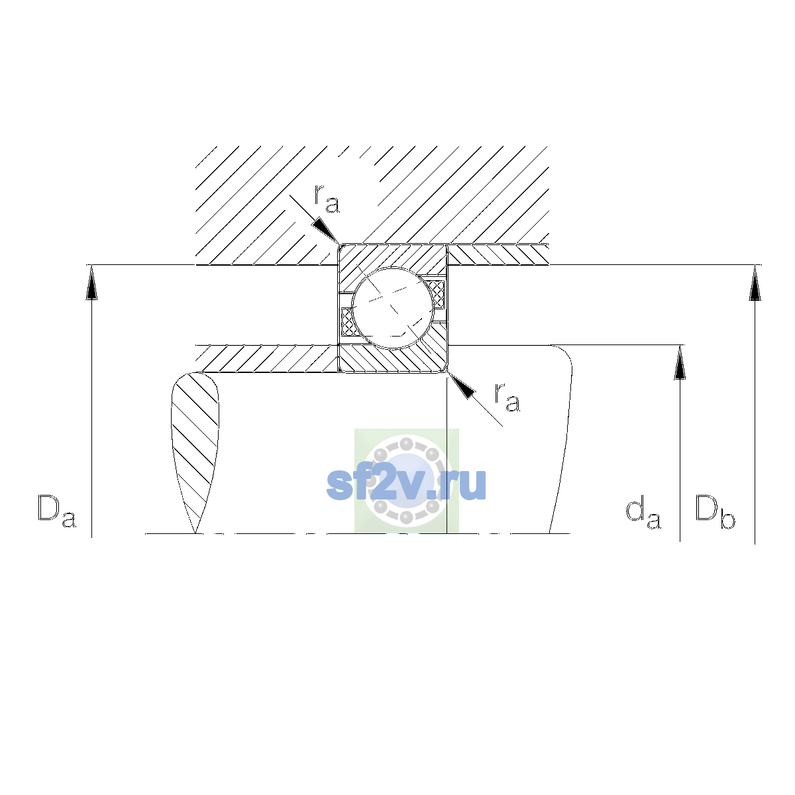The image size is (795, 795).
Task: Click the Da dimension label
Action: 57,511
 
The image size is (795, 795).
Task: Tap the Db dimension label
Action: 715,512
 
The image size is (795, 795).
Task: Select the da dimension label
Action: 643,514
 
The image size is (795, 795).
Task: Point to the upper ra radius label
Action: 327,199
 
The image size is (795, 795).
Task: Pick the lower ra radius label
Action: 507,397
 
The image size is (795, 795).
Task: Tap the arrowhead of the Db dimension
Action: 755,282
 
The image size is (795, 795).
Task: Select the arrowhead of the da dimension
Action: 680,362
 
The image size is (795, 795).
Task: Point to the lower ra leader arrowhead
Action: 461,386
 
